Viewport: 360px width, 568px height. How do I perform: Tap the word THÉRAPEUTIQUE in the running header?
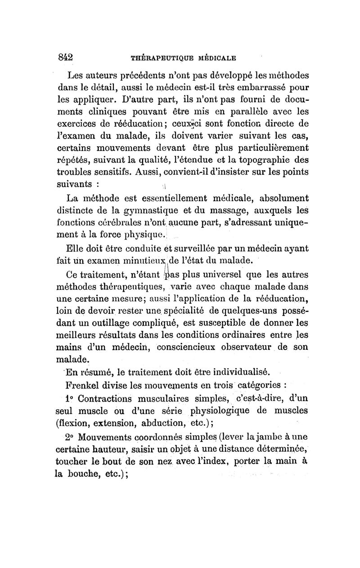[x=163, y=58]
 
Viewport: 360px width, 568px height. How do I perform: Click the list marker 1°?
[x=71, y=398]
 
